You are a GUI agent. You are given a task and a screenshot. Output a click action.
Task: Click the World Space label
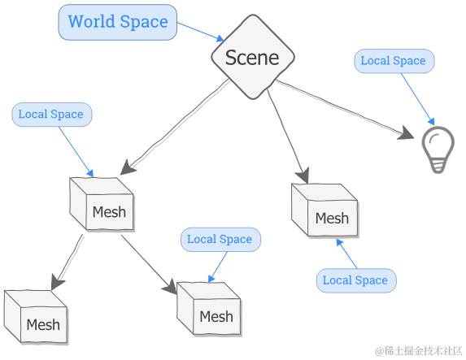(118, 22)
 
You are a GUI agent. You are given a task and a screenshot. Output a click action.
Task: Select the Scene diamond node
(252, 57)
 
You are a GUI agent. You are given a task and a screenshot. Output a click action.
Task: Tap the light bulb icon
(438, 149)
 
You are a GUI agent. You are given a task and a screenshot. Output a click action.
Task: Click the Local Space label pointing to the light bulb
(393, 61)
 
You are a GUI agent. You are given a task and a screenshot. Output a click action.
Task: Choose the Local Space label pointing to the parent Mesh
(51, 115)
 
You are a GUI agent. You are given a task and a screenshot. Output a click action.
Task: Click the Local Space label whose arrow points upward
(355, 280)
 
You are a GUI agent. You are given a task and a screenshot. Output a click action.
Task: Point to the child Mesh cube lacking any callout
(37, 318)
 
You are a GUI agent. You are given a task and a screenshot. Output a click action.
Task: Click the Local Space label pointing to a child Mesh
(220, 239)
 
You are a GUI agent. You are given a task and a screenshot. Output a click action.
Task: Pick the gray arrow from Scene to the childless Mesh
(288, 134)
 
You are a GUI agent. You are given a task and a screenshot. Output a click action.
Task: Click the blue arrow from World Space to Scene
(199, 31)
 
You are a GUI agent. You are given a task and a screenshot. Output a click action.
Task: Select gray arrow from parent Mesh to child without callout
(67, 260)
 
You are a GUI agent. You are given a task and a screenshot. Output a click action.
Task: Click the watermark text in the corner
(418, 349)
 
